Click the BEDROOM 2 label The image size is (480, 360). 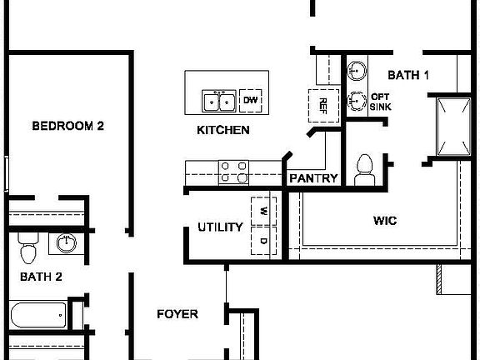pos(67,127)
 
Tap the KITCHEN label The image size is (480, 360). pos(223,131)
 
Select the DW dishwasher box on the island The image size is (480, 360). pos(251,102)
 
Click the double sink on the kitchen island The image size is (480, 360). pos(220,102)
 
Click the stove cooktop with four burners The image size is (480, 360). pos(233,172)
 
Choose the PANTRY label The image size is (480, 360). pos(313,178)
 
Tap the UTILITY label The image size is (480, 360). pos(220,227)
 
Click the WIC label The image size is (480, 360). pos(384,221)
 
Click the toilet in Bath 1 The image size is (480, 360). pos(364,170)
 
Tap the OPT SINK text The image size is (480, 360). pos(381,101)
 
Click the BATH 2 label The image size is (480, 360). pos(41,276)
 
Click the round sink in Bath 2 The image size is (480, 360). pos(66,243)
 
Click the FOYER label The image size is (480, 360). pos(177,314)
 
